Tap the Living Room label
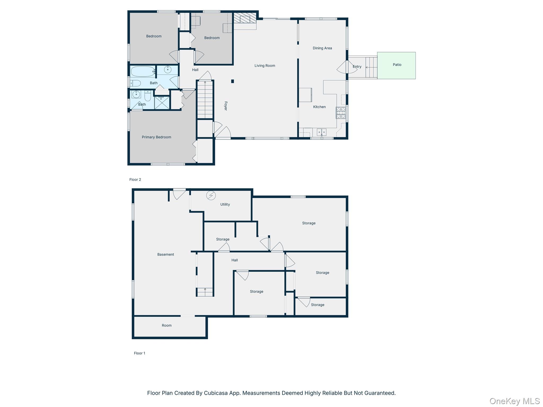[x=265, y=66]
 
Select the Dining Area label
[x=322, y=48]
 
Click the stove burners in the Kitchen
[x=341, y=113]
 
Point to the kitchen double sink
[x=321, y=132]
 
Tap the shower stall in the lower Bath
[x=162, y=103]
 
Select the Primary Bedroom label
[x=156, y=137]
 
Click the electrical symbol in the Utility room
[x=211, y=196]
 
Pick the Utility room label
[x=225, y=205]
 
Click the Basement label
[x=165, y=255]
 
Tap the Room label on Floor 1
[x=167, y=326]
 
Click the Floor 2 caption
[x=135, y=180]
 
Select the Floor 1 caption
[x=139, y=353]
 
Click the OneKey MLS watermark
[x=514, y=401]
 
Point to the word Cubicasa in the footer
[x=216, y=393]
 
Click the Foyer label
[x=226, y=106]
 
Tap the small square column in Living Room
[x=233, y=81]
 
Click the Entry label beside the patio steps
[x=357, y=67]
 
